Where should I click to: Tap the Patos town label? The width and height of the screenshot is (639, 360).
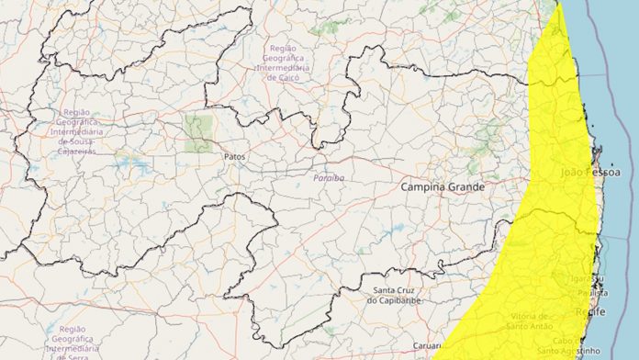234,157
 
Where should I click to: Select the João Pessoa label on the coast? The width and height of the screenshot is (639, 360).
590,173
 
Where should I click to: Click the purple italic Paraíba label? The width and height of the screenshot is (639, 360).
328,176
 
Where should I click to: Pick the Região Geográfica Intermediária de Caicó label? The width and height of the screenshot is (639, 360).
292,62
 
